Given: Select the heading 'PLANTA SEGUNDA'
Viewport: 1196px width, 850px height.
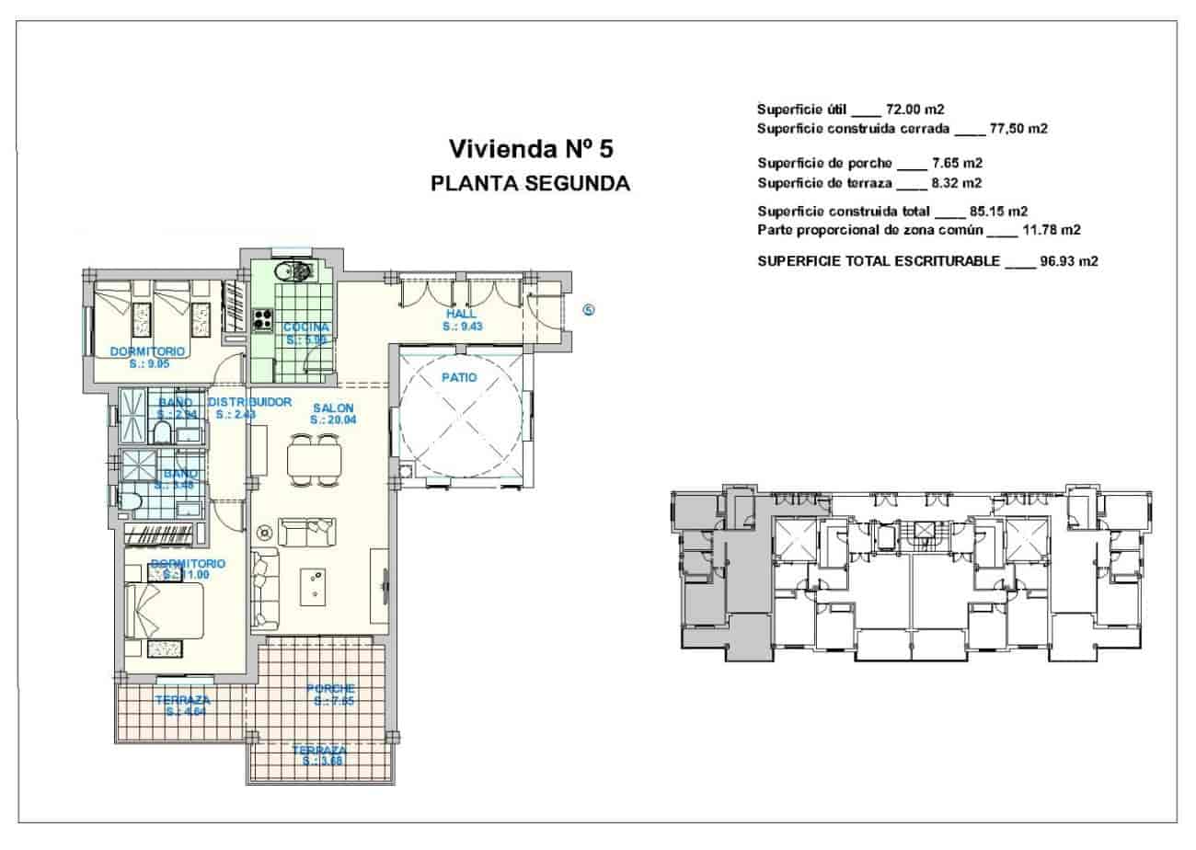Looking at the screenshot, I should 530,183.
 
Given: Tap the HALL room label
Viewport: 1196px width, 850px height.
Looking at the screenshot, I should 461,314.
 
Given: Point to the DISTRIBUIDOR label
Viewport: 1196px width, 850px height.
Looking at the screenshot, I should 249,402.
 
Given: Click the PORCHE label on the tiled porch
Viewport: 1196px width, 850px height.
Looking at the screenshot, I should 330,688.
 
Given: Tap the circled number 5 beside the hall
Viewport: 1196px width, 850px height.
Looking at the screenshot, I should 590,310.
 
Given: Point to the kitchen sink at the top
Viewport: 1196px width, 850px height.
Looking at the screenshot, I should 297,270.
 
